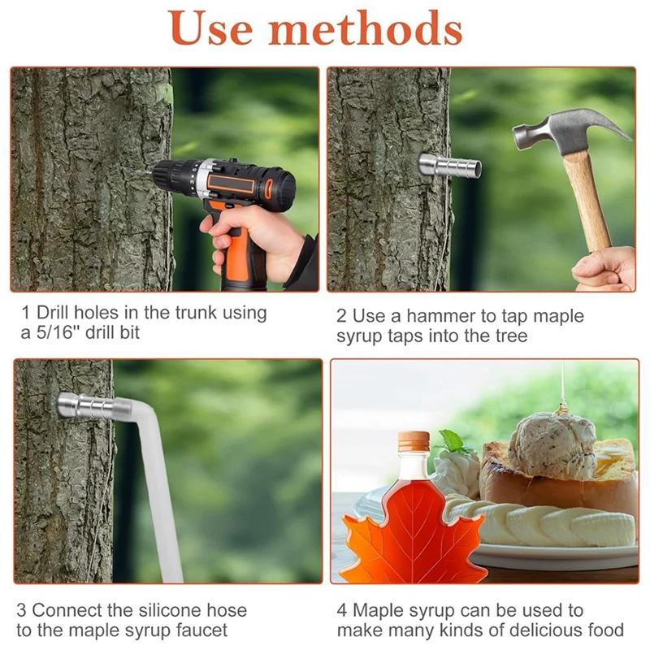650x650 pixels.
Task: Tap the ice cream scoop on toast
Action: click(x=552, y=444)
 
